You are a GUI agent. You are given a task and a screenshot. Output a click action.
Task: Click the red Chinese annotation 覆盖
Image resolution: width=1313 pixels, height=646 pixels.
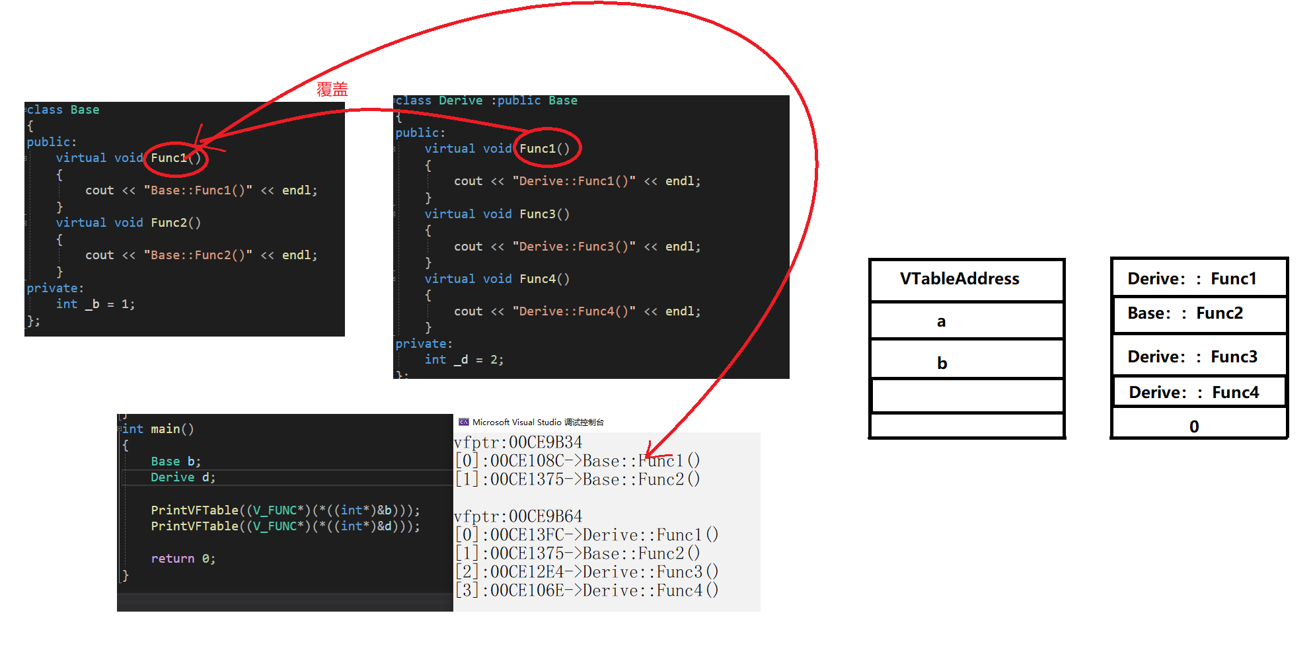pyautogui.click(x=332, y=89)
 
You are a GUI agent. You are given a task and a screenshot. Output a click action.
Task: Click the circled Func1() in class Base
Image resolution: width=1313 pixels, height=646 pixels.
pyautogui.click(x=175, y=158)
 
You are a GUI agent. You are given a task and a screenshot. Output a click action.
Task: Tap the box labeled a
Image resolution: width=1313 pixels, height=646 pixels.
pyautogui.click(x=966, y=321)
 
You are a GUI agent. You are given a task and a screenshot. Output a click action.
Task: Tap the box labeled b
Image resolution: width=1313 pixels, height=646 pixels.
pyautogui.click(x=966, y=362)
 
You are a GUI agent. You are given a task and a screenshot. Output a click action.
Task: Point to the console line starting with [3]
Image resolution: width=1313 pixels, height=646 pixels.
pyautogui.click(x=587, y=590)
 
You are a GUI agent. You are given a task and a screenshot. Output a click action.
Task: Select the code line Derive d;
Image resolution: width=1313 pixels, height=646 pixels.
pyautogui.click(x=183, y=477)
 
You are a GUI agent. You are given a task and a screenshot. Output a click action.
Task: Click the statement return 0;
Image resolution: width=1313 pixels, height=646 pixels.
pyautogui.click(x=183, y=559)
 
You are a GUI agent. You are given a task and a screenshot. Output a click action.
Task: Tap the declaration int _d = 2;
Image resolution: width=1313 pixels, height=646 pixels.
pyautogui.click(x=464, y=360)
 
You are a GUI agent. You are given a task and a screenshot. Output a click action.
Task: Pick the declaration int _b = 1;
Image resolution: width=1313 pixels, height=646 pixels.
pyautogui.click(x=95, y=304)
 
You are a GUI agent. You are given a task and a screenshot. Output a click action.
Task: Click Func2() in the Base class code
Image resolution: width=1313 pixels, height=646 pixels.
pyautogui.click(x=176, y=223)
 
